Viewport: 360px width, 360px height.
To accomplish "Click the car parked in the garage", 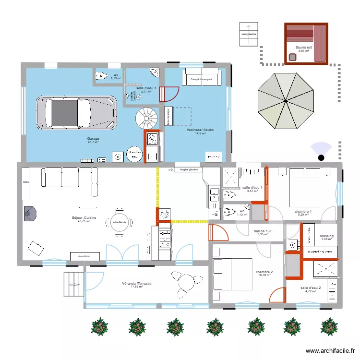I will pyautogui.click(x=77, y=113).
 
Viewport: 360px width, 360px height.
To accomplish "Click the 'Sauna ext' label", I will pyautogui.click(x=303, y=47).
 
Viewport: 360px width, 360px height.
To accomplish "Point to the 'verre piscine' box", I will pyautogui.click(x=249, y=34).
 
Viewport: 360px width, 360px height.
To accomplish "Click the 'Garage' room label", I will pyautogui.click(x=93, y=138).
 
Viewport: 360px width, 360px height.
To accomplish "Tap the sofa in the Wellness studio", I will pyautogui.click(x=202, y=78).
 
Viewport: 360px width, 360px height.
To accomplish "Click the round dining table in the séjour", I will pyautogui.click(x=119, y=222).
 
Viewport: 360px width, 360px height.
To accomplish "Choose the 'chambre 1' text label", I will pyautogui.click(x=303, y=212).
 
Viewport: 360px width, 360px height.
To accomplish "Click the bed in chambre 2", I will pyautogui.click(x=233, y=274).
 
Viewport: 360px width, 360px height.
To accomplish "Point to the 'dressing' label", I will pyautogui.click(x=326, y=236).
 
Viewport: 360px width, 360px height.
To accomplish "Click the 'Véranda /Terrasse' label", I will pyautogui.click(x=137, y=284).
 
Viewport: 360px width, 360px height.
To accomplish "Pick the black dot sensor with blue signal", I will pyautogui.click(x=321, y=157).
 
